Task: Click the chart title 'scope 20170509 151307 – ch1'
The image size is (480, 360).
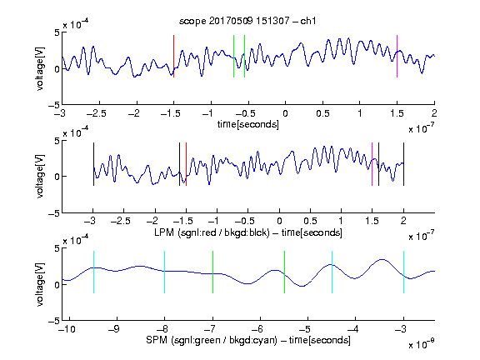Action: tap(247, 21)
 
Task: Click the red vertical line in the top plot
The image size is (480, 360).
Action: tap(174, 57)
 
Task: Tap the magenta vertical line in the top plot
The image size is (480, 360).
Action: tap(397, 57)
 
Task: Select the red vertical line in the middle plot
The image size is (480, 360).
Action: tap(186, 164)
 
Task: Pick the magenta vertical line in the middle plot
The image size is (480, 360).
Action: tap(372, 164)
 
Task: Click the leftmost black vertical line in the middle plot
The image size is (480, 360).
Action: tap(93, 164)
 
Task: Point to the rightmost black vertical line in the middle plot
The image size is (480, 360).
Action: tap(403, 164)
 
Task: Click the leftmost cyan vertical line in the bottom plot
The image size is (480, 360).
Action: tap(93, 272)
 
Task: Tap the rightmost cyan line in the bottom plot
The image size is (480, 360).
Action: tap(403, 272)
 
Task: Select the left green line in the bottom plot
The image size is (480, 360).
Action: tap(212, 272)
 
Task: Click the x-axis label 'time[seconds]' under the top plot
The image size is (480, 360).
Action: tap(248, 125)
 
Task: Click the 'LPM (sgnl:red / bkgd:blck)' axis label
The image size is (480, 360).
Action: tap(212, 232)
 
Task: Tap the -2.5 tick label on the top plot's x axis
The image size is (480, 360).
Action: tap(96, 113)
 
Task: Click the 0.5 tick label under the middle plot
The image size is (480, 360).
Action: tap(310, 221)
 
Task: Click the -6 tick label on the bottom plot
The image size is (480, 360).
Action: tap(259, 329)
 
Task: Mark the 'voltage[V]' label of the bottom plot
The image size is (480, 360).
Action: tap(40, 285)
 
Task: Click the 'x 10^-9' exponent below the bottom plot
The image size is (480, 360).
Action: tap(422, 344)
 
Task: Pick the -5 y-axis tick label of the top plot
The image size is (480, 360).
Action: tap(54, 106)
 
